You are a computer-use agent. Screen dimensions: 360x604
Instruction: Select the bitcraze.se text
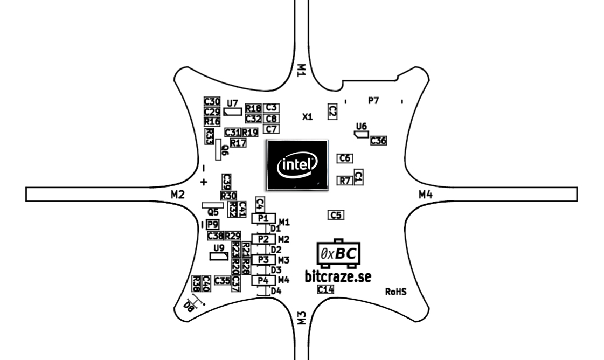coord(338,276)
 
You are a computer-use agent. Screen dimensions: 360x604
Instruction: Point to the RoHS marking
coord(396,292)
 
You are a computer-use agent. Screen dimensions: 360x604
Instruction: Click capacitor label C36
coord(379,140)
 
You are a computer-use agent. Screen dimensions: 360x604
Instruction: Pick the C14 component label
coord(325,290)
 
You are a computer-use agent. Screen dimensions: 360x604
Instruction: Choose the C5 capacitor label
coord(336,215)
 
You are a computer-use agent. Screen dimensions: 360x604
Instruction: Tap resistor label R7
coord(344,181)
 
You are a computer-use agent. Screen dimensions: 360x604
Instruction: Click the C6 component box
coord(345,158)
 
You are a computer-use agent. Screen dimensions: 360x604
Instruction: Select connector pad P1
coord(263,218)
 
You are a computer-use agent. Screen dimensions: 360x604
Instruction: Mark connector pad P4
coord(263,280)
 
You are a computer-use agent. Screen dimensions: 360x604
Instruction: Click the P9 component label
coord(212,224)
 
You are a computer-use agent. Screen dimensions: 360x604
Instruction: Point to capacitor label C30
coord(212,101)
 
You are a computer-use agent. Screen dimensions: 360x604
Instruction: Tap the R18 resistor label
coord(253,108)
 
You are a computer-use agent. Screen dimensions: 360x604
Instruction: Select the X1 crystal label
coord(307,116)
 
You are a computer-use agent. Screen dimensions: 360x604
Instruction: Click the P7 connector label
coord(373,100)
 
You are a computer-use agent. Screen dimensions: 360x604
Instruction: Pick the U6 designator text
coord(362,126)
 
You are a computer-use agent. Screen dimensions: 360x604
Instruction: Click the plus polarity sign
coord(204,182)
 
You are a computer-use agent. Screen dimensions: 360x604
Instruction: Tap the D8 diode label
coord(189,307)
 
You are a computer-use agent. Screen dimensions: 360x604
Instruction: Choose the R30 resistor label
coord(228,196)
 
